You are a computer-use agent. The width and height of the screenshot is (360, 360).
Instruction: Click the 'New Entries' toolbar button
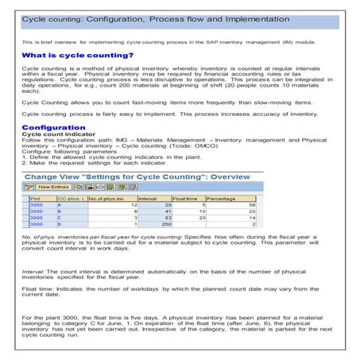pyautogui.click(x=52, y=187)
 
